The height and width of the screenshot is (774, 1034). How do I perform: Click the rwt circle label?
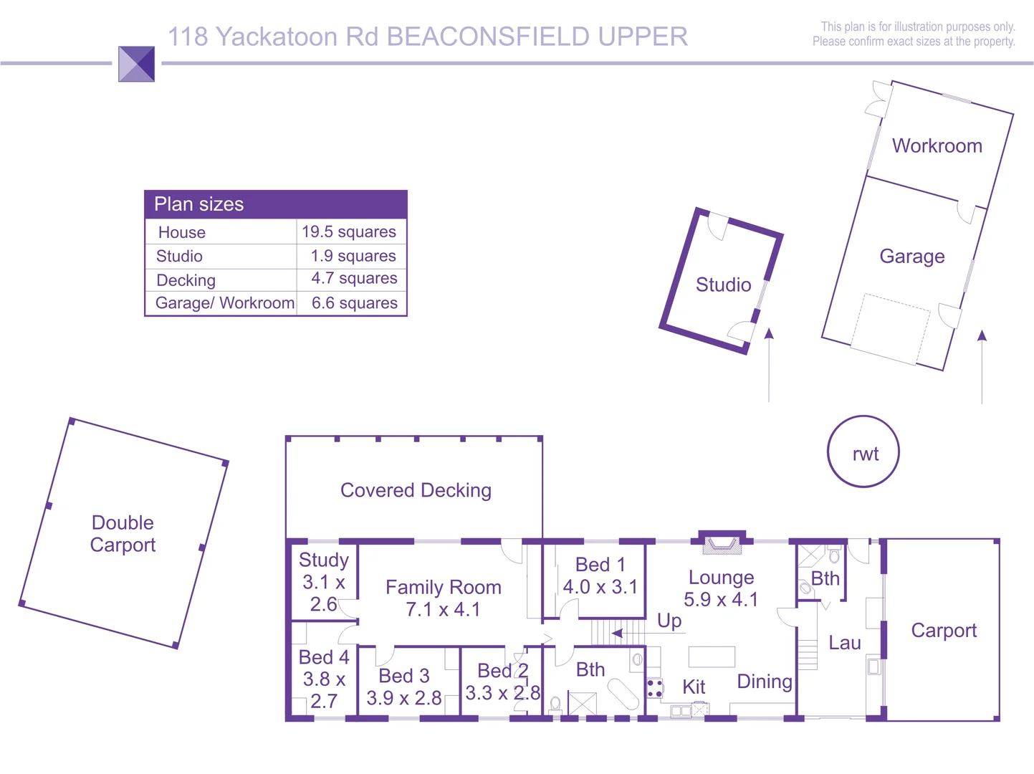point(865,454)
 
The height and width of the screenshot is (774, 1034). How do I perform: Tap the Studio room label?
point(723,285)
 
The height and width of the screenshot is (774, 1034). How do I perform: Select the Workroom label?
point(937,146)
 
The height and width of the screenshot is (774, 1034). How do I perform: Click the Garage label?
point(911,256)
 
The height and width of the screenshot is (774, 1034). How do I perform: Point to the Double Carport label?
point(123,533)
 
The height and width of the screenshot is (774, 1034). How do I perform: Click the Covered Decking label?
point(416,490)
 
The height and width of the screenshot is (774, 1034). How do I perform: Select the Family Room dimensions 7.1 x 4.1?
point(443,609)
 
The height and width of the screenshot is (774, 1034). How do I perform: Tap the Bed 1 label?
point(600,565)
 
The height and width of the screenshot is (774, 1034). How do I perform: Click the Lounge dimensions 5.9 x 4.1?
point(721,599)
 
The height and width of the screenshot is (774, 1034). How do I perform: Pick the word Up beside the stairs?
point(669,620)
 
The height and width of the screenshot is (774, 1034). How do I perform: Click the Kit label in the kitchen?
point(694,687)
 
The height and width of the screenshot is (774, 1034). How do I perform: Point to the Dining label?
point(765,682)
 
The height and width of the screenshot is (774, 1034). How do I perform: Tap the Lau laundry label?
point(844,643)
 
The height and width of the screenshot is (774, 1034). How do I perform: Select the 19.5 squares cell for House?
point(349,231)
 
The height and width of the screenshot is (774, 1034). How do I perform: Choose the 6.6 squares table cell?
point(354,302)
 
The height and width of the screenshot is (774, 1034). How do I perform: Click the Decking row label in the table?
point(186,280)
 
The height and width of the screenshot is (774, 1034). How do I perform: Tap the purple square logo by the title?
point(136,64)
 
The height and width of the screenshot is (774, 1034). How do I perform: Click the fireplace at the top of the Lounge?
point(722,544)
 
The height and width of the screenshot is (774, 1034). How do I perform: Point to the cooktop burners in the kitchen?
point(654,689)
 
